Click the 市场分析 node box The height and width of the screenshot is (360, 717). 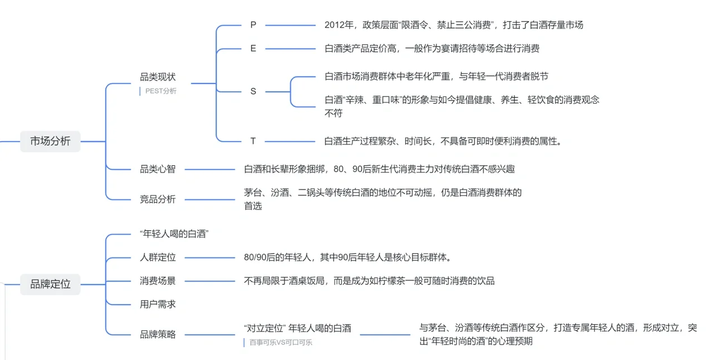pyautogui.click(x=50, y=141)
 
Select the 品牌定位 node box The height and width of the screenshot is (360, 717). pyautogui.click(x=50, y=284)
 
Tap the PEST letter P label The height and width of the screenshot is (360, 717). pyautogui.click(x=253, y=25)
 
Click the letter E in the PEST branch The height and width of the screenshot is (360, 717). pyautogui.click(x=253, y=49)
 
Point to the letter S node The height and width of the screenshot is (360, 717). pyautogui.click(x=253, y=91)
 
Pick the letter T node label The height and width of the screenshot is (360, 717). pyautogui.click(x=253, y=141)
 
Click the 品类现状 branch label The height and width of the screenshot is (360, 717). pyautogui.click(x=157, y=77)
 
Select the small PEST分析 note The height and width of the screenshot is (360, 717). pyautogui.click(x=160, y=91)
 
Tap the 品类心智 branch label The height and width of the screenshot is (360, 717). pyautogui.click(x=157, y=169)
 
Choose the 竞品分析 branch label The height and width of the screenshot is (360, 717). pyautogui.click(x=157, y=199)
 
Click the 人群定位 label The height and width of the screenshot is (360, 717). pyautogui.click(x=157, y=258)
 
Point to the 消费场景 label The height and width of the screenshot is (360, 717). pyautogui.click(x=157, y=280)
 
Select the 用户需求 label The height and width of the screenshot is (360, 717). pyautogui.click(x=157, y=304)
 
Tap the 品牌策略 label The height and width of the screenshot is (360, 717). pyautogui.click(x=157, y=334)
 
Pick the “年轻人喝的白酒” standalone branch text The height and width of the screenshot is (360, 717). pyautogui.click(x=174, y=234)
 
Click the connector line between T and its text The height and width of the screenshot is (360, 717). pyautogui.click(x=290, y=141)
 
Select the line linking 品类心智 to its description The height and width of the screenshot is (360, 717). pyautogui.click(x=210, y=169)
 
